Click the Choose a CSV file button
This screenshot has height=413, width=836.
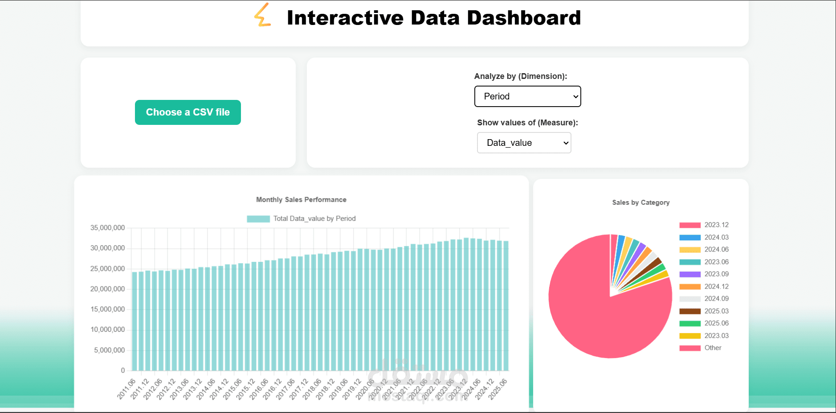[188, 112]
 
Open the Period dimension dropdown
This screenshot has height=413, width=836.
[527, 96]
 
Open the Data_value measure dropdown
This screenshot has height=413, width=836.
[524, 143]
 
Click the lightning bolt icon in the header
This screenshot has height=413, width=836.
[262, 15]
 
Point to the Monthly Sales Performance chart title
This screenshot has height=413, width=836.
[301, 200]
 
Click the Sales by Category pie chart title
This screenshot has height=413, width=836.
[640, 202]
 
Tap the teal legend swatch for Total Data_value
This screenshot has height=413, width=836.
[258, 219]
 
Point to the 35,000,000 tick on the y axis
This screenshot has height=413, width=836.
[107, 228]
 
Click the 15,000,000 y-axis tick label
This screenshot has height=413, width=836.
[107, 310]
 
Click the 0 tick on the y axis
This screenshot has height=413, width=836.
[123, 371]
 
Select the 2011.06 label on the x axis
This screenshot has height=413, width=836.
[126, 388]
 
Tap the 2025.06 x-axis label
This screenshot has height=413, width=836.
[498, 388]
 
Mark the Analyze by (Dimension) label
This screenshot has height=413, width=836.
[520, 76]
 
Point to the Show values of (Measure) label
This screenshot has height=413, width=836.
[527, 123]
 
